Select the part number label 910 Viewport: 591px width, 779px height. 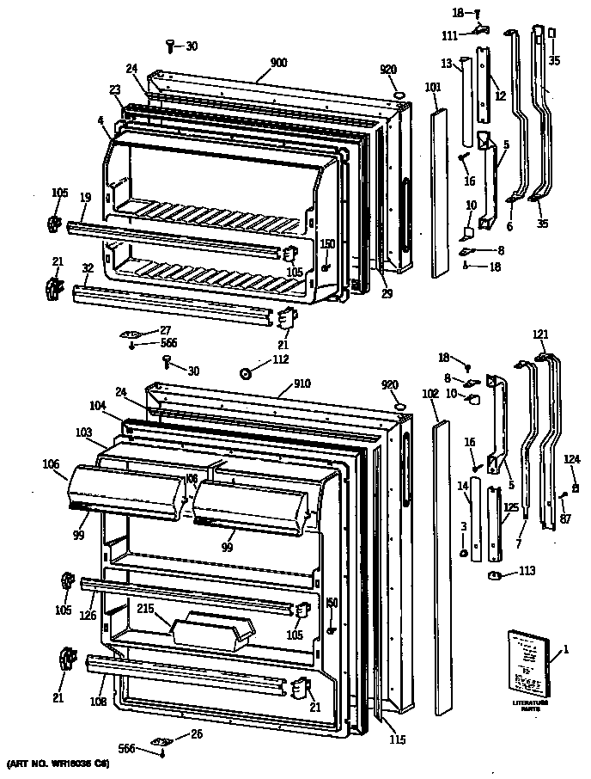pos(301,383)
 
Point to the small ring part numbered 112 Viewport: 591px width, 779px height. pos(246,372)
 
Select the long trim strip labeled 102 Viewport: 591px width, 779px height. pos(442,567)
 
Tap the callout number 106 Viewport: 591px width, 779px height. pos(50,464)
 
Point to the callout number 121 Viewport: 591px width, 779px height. pos(539,334)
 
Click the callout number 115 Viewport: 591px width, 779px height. pos(396,739)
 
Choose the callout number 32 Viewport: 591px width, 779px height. pos(88,268)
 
